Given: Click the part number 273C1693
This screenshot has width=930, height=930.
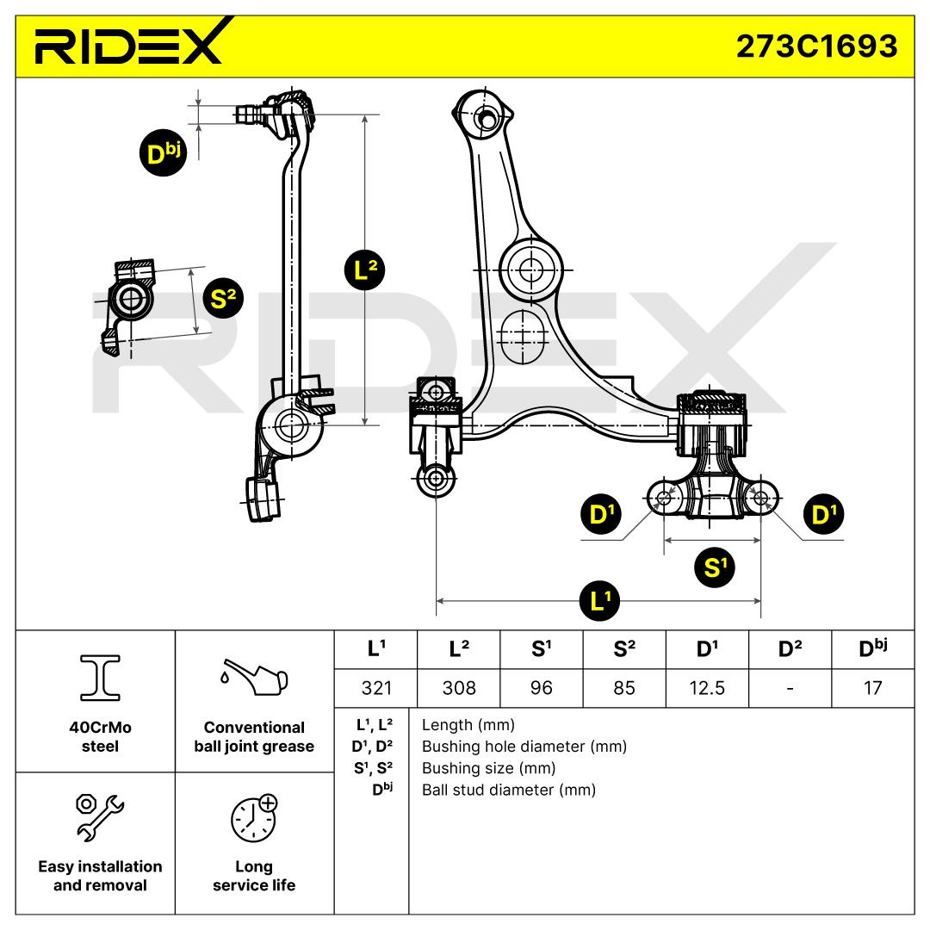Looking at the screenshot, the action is (816, 46).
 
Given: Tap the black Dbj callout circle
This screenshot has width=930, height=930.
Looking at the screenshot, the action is (163, 153).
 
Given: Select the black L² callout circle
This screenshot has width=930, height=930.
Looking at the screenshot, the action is (365, 270).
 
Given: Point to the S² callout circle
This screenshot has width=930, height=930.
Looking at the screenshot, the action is (223, 298).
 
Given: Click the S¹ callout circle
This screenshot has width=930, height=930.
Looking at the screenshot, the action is (715, 567).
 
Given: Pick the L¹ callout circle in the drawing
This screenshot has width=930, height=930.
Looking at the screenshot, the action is (600, 601).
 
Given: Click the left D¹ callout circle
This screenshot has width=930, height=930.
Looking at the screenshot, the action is (601, 513).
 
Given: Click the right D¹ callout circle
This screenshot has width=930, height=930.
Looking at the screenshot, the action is (823, 513).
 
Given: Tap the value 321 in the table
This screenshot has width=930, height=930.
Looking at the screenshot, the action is (376, 688).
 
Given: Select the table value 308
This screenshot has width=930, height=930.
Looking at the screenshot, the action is (459, 688).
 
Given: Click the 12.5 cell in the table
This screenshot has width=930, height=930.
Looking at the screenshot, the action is (707, 688).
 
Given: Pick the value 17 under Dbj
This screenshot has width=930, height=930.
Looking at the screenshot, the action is (872, 688).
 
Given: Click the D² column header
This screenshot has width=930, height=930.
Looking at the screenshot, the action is (790, 649).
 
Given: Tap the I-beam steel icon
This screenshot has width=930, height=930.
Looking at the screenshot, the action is (100, 678).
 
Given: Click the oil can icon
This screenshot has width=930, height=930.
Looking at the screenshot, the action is (254, 677).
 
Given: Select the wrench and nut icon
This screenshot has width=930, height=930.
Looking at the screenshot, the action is (100, 817).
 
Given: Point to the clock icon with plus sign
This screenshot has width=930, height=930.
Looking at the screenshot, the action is (254, 818).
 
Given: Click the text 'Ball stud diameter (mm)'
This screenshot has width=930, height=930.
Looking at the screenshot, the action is (508, 790).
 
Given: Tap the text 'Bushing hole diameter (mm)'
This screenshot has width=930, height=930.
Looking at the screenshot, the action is (524, 746).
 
